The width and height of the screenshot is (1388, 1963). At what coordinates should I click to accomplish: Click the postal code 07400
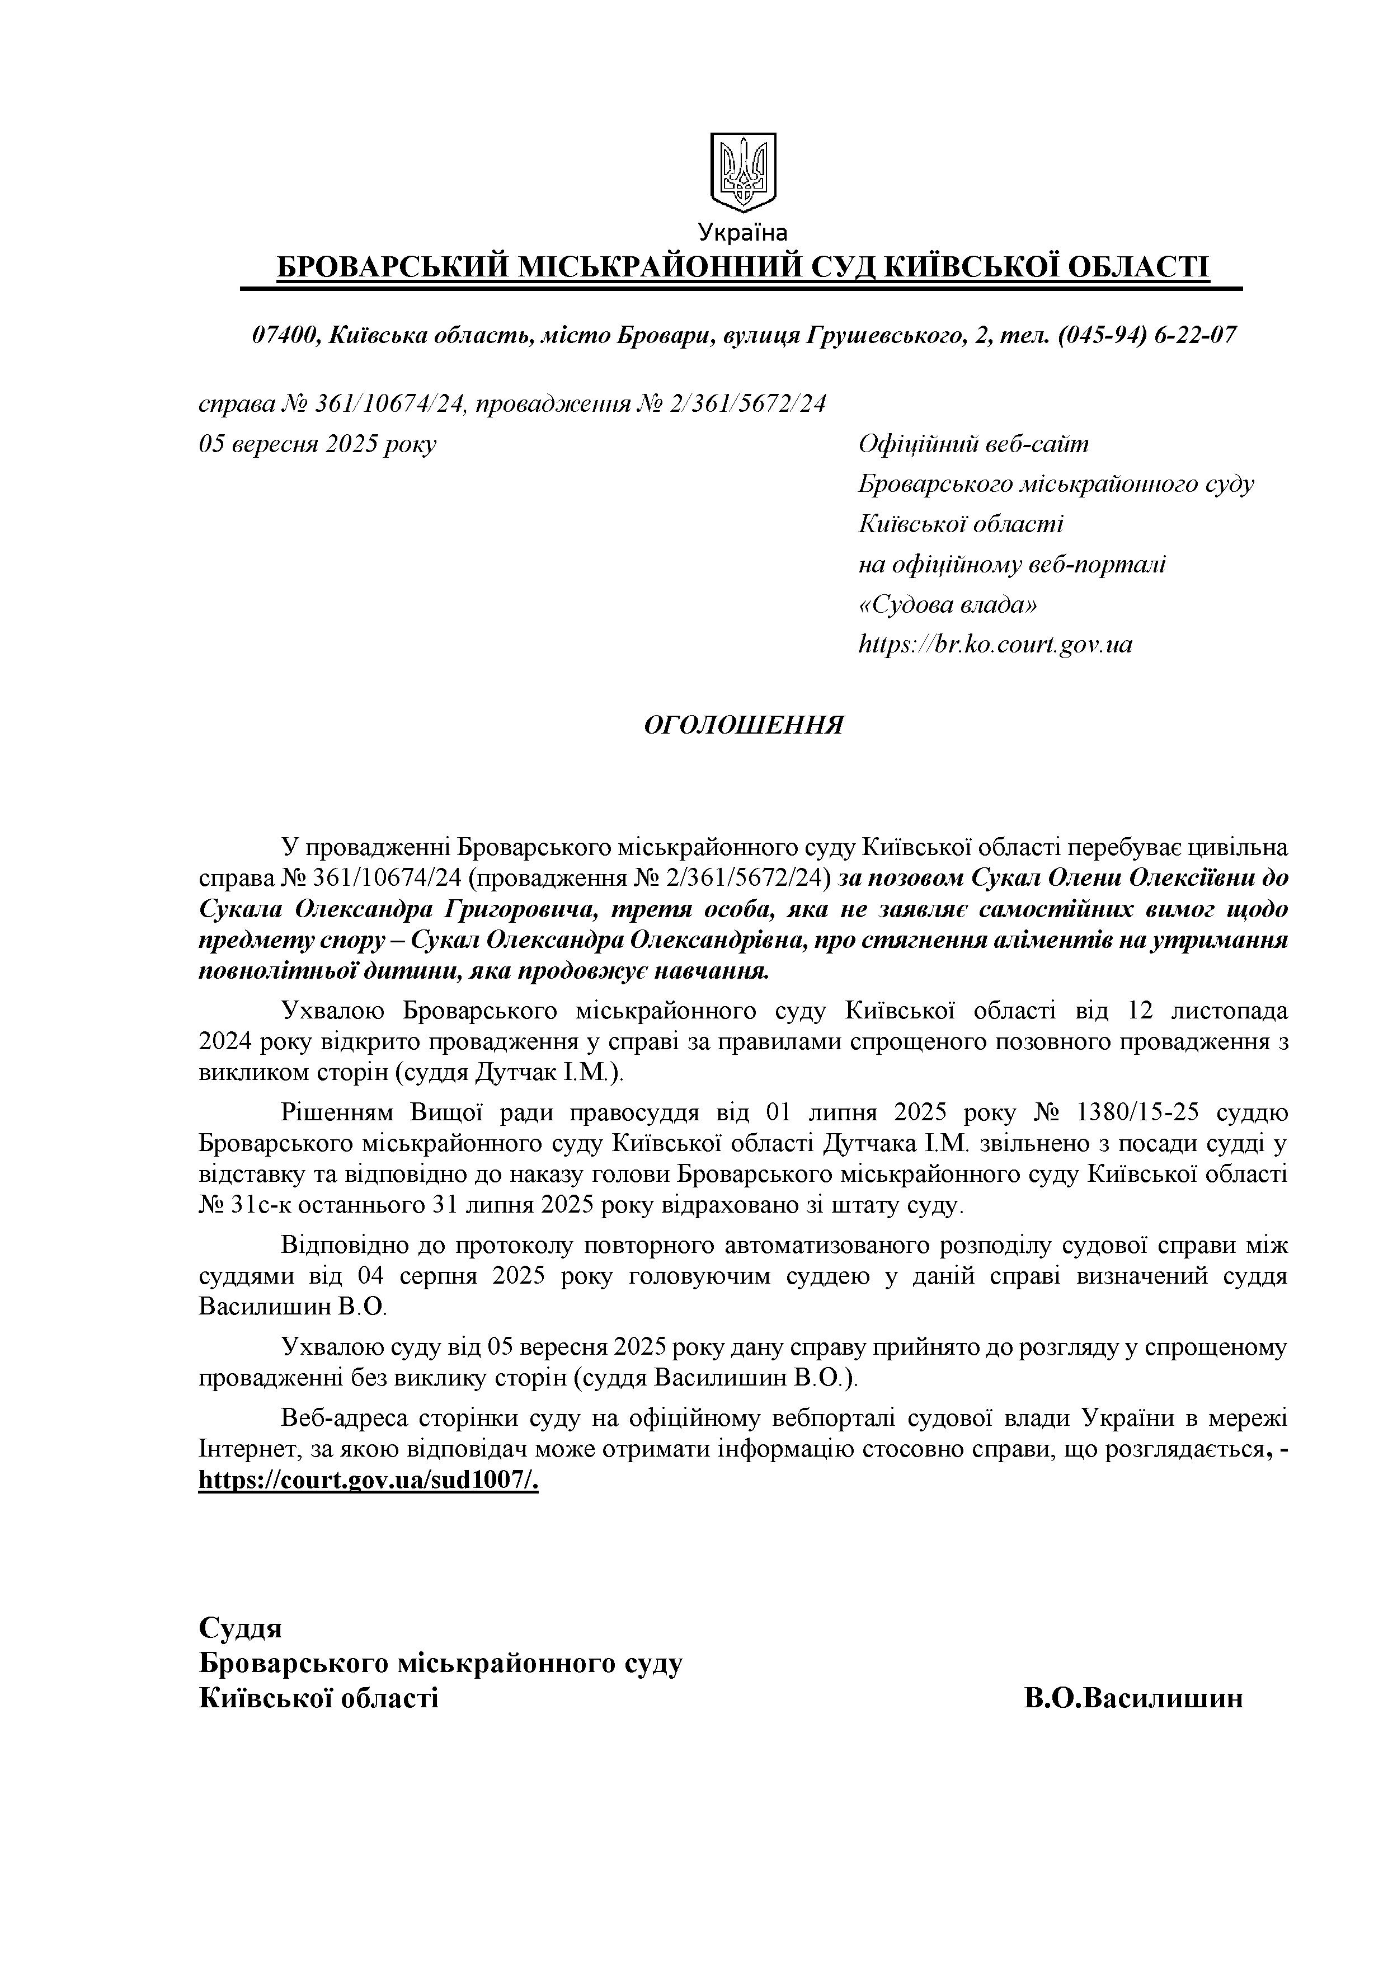285,335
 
